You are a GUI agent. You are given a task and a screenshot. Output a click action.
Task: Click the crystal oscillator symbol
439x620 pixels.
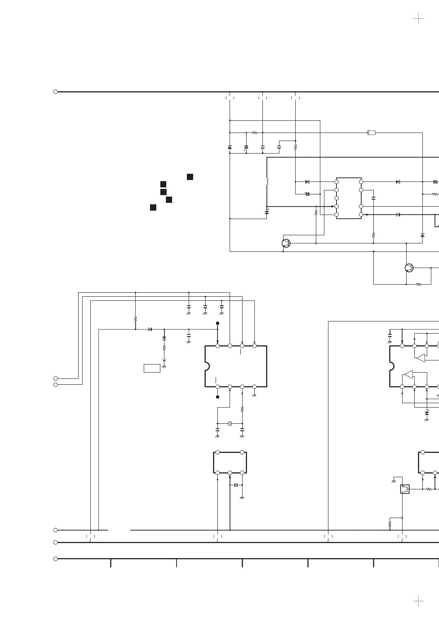[x=230, y=423]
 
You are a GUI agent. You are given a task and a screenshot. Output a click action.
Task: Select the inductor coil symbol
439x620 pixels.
[x=267, y=182]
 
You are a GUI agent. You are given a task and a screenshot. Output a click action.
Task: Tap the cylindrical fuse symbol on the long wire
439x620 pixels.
[x=372, y=133]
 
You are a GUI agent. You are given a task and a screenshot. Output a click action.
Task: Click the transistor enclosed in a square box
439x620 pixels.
[x=405, y=489]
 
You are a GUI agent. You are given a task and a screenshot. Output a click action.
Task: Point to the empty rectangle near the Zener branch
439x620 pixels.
[x=152, y=368]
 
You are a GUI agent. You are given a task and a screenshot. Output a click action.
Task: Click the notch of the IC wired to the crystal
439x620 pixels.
[x=207, y=366]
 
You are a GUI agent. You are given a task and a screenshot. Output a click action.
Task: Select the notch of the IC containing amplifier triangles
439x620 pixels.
[x=392, y=366]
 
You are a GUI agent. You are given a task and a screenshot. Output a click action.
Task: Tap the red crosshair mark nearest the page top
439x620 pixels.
[x=418, y=18]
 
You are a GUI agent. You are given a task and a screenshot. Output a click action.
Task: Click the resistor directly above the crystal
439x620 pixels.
[x=242, y=409]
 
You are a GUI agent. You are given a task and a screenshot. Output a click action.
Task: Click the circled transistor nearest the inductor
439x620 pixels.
[x=286, y=243]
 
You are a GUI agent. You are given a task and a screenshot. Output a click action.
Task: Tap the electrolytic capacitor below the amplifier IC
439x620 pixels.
[x=427, y=413]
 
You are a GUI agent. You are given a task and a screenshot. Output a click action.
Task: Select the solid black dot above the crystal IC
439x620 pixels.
[x=217, y=323]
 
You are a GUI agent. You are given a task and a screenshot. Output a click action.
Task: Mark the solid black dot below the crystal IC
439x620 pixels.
[x=217, y=397]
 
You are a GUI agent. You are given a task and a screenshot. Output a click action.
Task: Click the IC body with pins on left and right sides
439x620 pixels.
[x=349, y=198]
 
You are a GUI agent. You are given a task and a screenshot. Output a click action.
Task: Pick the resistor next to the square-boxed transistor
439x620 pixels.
[x=429, y=489]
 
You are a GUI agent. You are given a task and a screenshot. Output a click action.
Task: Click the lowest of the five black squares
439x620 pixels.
[x=153, y=208]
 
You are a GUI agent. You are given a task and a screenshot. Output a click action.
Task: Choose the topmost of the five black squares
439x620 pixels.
[x=190, y=177]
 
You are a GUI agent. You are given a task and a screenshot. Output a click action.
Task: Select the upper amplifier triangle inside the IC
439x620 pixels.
[x=420, y=357]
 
